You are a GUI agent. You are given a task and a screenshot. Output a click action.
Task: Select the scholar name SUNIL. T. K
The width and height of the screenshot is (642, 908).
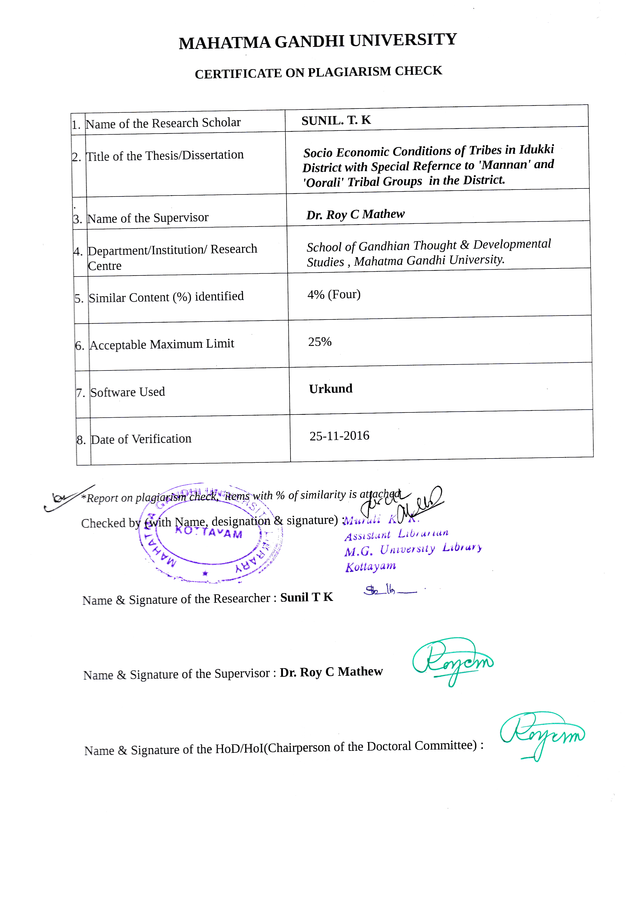coord(336,120)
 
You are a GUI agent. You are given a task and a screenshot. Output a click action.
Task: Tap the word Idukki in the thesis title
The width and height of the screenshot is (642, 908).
coord(536,149)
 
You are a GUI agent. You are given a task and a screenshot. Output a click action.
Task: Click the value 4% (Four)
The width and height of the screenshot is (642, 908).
coord(334,295)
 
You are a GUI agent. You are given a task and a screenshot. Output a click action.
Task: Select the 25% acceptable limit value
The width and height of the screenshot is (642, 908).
coord(320,342)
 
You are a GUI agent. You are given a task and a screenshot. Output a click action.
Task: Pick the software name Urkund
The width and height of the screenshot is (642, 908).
coord(331,389)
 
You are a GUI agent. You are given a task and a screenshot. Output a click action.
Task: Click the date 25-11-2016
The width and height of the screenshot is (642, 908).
coord(339,436)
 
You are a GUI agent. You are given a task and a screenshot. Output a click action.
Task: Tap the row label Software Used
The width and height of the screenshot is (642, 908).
coord(127,392)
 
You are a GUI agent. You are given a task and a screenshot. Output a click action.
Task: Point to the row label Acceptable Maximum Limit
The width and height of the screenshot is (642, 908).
coord(162,344)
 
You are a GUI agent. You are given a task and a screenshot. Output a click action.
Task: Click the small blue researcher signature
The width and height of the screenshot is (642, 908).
coord(389,590)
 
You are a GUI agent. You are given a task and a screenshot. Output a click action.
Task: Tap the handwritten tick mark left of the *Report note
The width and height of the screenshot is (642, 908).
coord(67,498)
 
